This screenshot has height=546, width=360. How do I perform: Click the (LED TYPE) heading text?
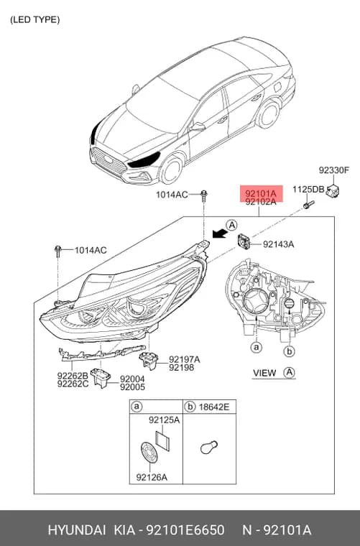coord(34,20)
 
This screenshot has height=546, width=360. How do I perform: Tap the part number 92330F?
coord(334,170)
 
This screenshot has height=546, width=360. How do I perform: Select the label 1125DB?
coord(308,190)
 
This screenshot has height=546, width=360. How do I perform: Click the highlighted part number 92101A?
coord(261,193)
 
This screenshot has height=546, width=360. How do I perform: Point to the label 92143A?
coord(278,244)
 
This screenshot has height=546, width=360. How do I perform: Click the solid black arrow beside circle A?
coord(219,233)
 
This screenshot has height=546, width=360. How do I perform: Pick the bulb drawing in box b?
coord(209,447)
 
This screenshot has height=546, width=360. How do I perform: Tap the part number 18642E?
coord(213,407)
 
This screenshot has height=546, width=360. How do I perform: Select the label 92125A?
coord(164,420)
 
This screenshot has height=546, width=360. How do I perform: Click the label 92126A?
coord(152,477)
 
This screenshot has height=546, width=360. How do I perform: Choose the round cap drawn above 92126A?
coord(149,453)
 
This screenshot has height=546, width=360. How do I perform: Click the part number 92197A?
coord(185,359)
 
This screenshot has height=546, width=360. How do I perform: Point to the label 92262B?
coord(73,376)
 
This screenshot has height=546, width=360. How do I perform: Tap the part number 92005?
coord(132,387)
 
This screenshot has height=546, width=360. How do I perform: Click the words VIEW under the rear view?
coord(264,373)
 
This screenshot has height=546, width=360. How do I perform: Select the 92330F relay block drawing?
coord(333,191)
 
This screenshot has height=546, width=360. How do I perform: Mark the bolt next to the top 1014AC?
coord(204,196)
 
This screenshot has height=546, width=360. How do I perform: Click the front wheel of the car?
coord(171,170)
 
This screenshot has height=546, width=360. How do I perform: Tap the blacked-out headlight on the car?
coord(144,159)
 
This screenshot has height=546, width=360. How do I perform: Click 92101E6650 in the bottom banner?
coord(185,530)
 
